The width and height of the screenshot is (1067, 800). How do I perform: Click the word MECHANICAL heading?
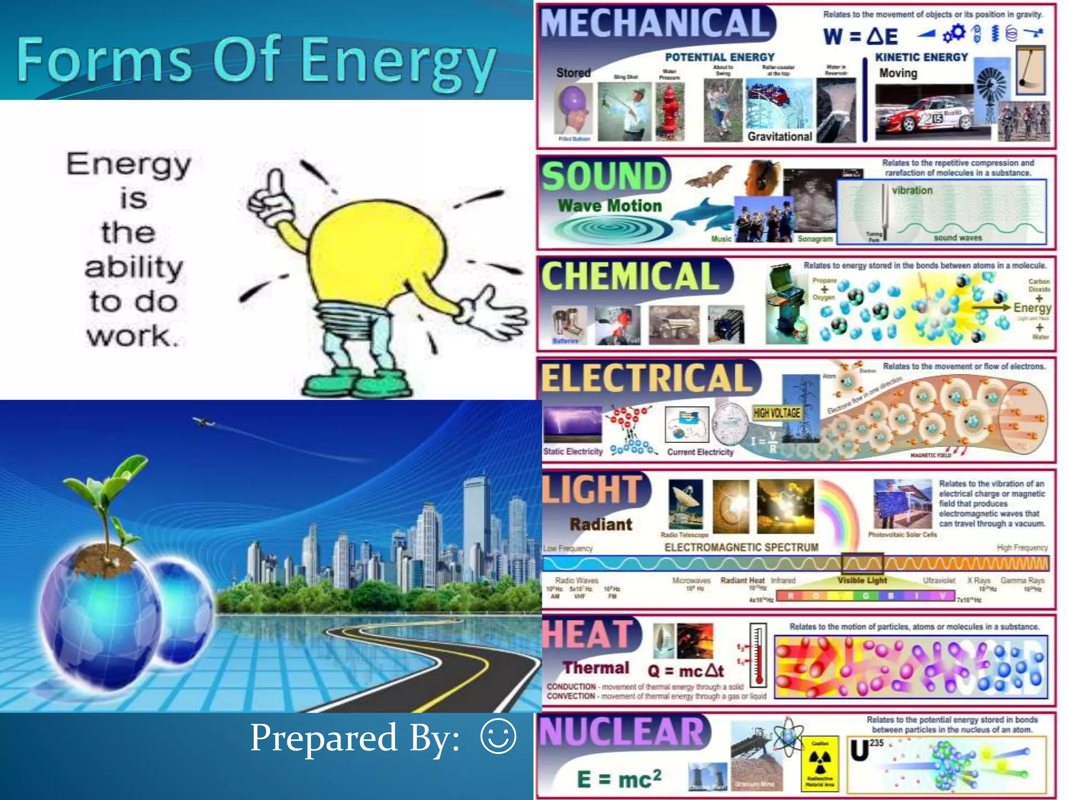(x=655, y=23)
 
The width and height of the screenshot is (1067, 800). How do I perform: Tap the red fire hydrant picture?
(x=669, y=113)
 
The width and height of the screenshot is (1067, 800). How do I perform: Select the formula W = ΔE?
(x=860, y=36)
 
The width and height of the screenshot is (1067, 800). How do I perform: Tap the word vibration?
(x=912, y=191)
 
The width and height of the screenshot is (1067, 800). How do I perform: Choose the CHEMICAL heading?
(x=630, y=276)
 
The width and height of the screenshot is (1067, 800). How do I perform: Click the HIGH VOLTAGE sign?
(x=776, y=413)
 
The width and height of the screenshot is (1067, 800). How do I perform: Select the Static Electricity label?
(x=573, y=452)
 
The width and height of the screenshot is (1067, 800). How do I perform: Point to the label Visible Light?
(x=862, y=580)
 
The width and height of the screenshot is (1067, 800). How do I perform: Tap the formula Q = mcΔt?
(x=685, y=671)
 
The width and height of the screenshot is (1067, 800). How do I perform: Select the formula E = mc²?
(x=619, y=779)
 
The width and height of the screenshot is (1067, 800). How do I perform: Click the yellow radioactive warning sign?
(x=820, y=764)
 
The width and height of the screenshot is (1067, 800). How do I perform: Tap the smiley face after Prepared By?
(x=498, y=736)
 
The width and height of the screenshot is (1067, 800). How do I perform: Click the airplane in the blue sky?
(x=203, y=421)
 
